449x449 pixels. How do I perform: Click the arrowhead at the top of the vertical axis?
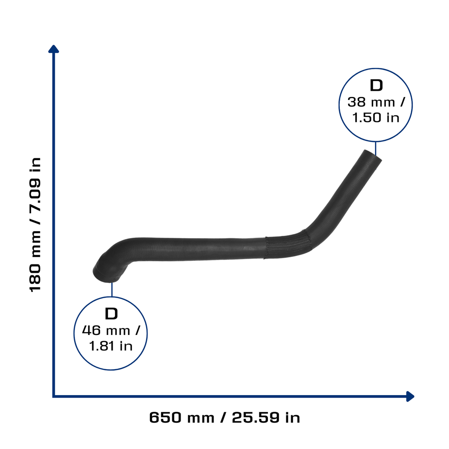(53, 49)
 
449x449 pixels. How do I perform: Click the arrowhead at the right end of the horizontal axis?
(410, 396)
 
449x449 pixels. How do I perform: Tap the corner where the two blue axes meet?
(53, 396)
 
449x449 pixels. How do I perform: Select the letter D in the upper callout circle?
(376, 86)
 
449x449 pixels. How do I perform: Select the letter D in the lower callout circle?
(111, 314)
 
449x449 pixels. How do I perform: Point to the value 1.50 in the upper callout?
(367, 118)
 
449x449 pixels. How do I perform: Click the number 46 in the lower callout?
(91, 330)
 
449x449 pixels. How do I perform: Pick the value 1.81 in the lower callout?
(101, 346)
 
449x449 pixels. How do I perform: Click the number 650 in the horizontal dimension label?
(165, 417)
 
